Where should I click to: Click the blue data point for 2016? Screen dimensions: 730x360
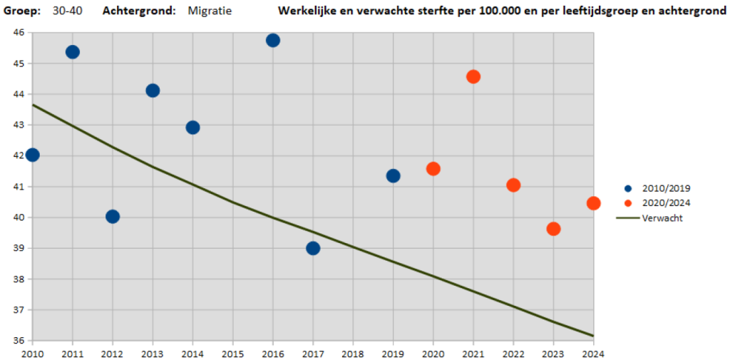(273, 41)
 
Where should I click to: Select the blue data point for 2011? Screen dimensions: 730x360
(72, 52)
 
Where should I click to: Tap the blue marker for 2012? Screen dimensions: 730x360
(112, 217)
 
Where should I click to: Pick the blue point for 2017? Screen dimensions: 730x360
(313, 248)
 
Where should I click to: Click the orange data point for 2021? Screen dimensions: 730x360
(473, 77)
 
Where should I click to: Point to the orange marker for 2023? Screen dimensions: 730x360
(553, 229)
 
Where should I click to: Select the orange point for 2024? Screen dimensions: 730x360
(593, 203)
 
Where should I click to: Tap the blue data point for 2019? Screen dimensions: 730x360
(393, 176)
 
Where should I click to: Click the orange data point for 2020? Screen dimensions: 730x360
(433, 168)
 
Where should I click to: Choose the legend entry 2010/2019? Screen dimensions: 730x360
(657, 189)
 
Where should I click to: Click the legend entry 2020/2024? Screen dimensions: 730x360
(657, 203)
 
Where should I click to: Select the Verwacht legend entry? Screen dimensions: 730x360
(650, 218)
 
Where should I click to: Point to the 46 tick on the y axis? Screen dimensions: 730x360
(19, 32)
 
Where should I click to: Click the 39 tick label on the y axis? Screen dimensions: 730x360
(19, 248)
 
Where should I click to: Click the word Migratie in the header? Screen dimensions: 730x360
(210, 11)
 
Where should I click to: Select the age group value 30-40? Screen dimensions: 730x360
(68, 11)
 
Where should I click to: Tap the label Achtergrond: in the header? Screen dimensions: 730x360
(139, 11)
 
